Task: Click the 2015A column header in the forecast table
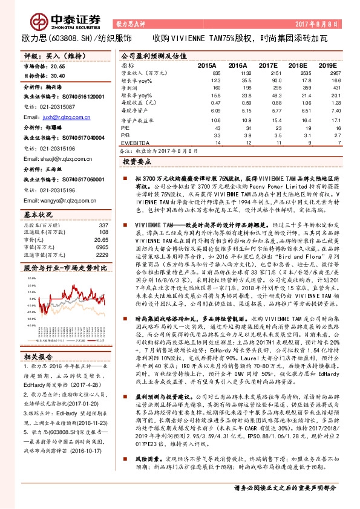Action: (207, 64)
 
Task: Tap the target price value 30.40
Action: (57, 76)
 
